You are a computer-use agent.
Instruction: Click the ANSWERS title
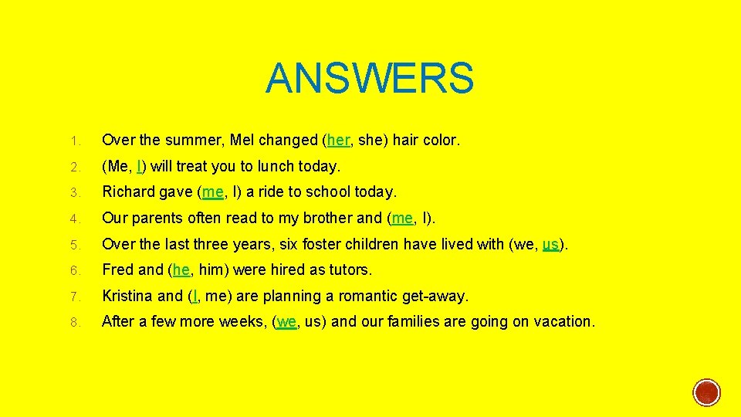point(370,78)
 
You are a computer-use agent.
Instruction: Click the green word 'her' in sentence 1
point(337,141)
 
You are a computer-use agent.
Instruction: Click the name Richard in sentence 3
point(127,192)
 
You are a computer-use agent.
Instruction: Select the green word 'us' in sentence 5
point(550,245)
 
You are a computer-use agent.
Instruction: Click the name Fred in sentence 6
point(117,270)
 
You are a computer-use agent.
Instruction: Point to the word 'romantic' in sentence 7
point(367,297)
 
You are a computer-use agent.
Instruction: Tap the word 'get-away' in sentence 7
point(438,297)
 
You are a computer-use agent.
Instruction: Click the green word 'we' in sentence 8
point(286,322)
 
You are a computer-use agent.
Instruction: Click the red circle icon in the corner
point(706,393)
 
